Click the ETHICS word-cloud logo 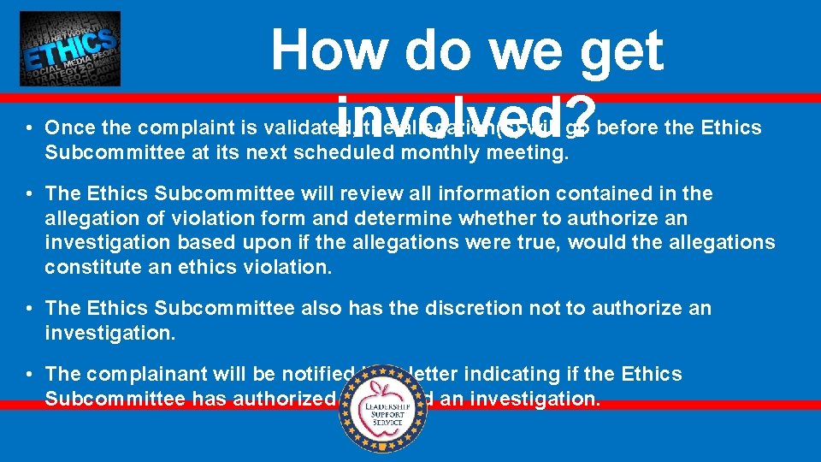click(70, 49)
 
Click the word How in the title click(329, 50)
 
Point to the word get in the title click(621, 50)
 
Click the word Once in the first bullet click(68, 128)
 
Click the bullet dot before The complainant click(28, 374)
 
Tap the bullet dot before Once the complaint click(28, 128)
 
